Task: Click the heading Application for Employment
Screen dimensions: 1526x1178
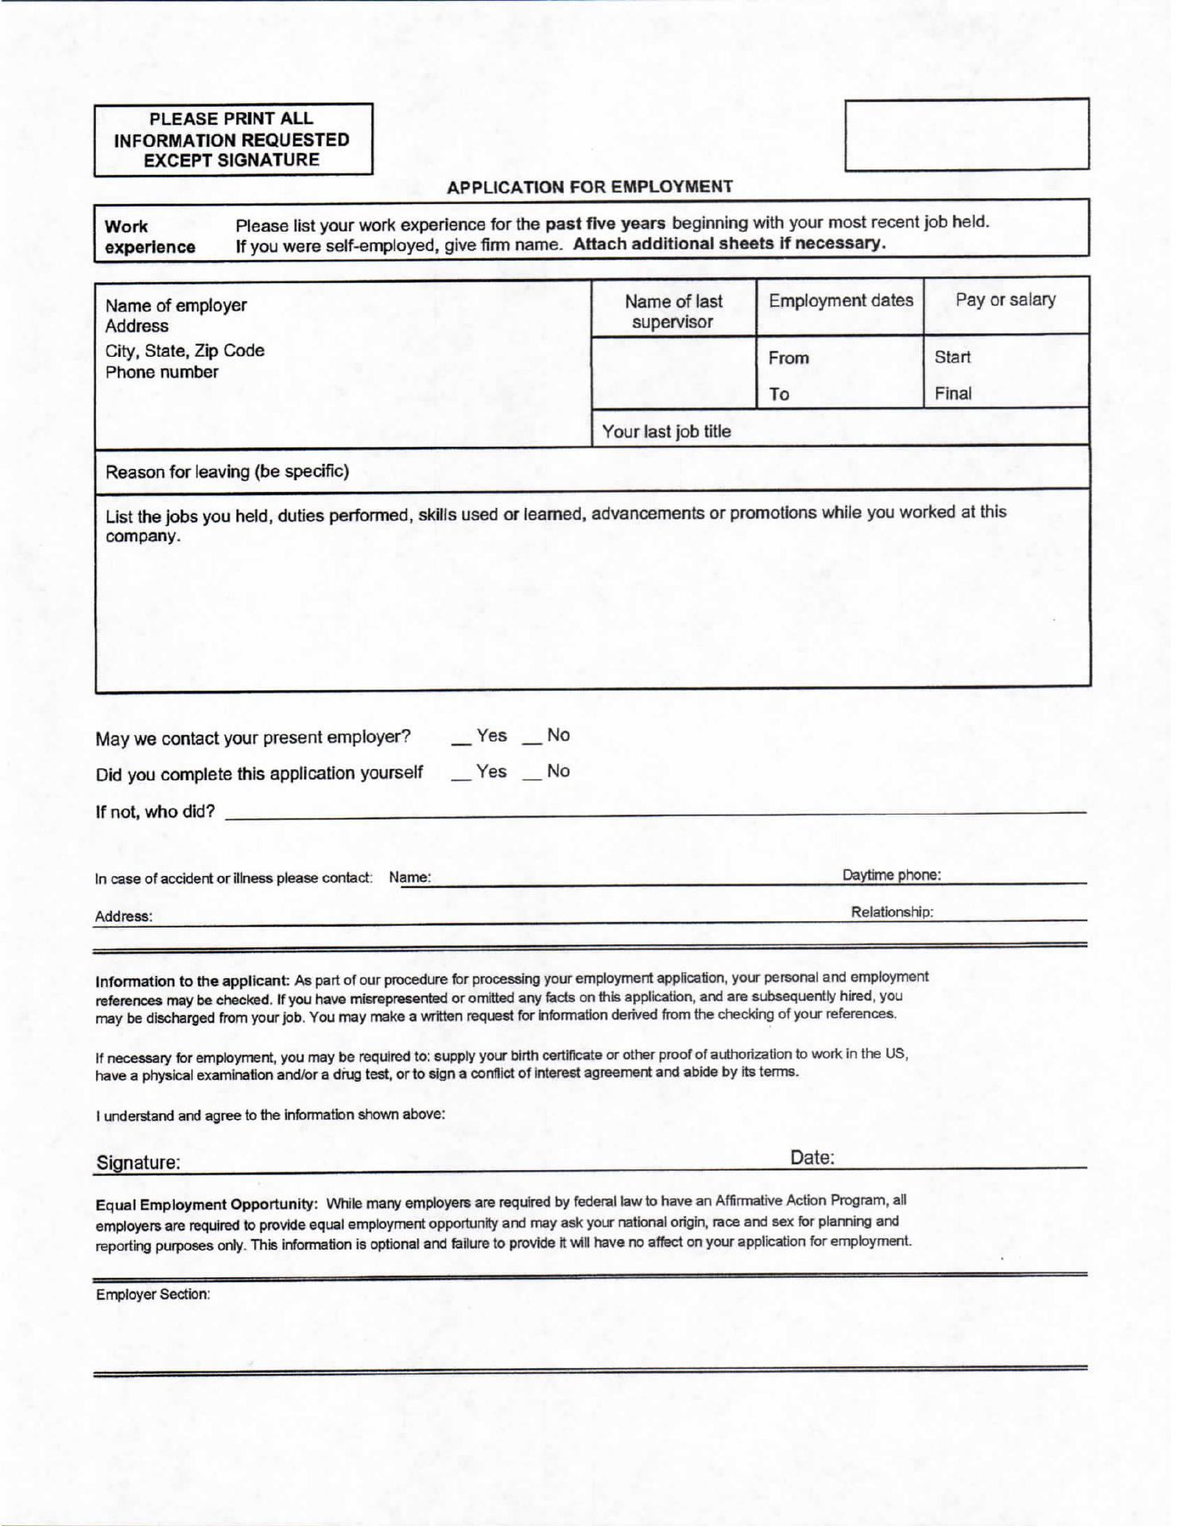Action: (x=589, y=187)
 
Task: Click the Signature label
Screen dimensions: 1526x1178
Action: (x=138, y=1163)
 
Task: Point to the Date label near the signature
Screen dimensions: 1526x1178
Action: (x=812, y=1158)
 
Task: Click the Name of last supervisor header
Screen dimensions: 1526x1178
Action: (x=673, y=312)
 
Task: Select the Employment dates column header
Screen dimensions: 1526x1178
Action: (x=840, y=300)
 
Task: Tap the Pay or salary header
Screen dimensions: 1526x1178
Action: (x=1006, y=300)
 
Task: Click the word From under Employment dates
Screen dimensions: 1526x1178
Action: (x=788, y=358)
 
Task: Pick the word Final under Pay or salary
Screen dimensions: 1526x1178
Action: (x=952, y=393)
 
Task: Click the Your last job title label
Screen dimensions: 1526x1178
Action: (x=666, y=432)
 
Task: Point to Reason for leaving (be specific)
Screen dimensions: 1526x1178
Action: (x=227, y=471)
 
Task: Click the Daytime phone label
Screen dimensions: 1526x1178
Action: (x=891, y=875)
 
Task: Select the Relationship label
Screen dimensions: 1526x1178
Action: (x=892, y=912)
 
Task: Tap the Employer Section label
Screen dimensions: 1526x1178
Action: (x=153, y=1295)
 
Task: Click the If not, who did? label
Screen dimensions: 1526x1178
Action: (x=155, y=811)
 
